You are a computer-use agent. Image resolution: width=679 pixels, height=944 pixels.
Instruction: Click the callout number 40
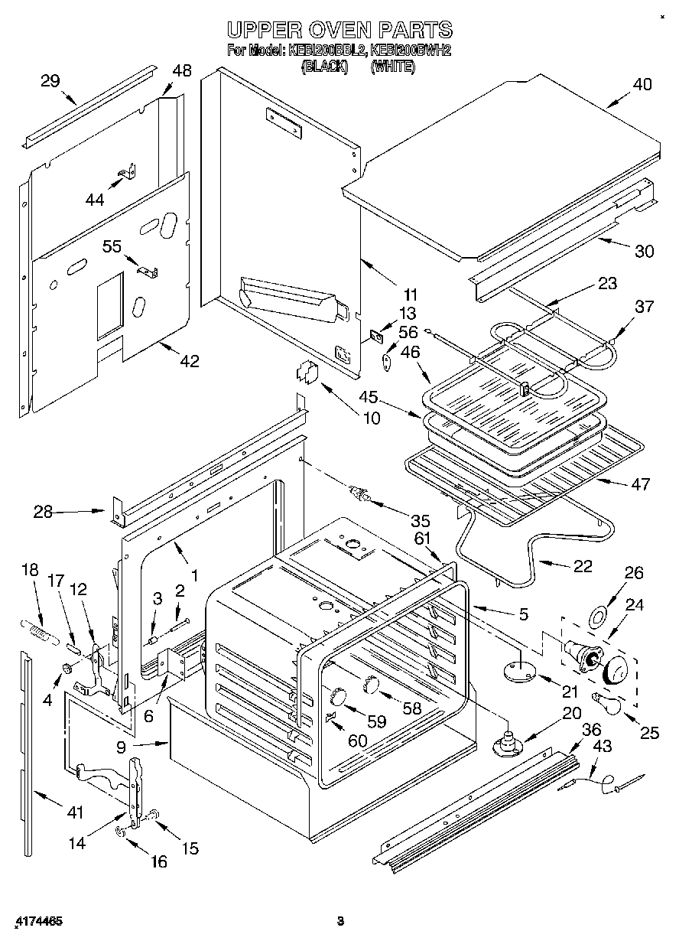tap(642, 85)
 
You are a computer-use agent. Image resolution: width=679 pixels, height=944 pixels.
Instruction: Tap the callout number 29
tap(50, 80)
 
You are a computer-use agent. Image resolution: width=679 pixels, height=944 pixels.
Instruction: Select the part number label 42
tap(189, 360)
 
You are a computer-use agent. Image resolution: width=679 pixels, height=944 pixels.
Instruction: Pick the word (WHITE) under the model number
tap(392, 67)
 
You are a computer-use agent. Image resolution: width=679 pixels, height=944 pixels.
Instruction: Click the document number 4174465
tap(38, 921)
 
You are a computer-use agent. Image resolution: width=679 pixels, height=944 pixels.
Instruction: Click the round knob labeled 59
tap(337, 695)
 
